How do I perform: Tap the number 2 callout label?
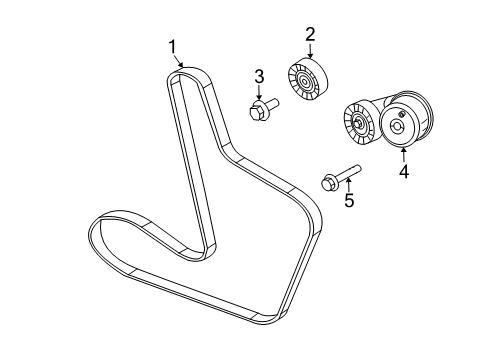click(x=310, y=35)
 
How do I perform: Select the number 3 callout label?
click(x=258, y=76)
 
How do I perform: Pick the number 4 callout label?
click(x=404, y=171)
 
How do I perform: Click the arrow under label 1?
click(x=180, y=63)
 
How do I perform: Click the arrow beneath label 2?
click(x=310, y=53)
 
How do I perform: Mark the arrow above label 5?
click(x=348, y=183)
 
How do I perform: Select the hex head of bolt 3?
click(x=257, y=109)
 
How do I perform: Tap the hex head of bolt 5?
click(x=328, y=183)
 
